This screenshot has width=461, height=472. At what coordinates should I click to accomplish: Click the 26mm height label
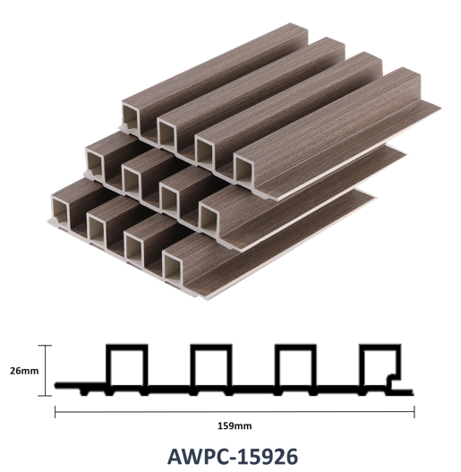coord(24,371)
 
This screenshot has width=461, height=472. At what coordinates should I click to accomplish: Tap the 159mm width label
coord(235,426)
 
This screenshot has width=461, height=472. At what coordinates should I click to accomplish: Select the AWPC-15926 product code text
coord(233,457)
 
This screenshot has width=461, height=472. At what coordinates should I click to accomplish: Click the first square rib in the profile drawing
coord(127,347)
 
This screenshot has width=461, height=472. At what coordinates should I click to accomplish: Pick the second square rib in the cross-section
coord(211,347)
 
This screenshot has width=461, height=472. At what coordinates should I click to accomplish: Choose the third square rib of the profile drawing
coord(295,347)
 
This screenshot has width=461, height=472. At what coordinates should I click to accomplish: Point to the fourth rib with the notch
coord(380,347)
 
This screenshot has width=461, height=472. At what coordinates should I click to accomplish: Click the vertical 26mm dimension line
coord(46,371)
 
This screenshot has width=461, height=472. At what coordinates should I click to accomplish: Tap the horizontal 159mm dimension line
coord(235,412)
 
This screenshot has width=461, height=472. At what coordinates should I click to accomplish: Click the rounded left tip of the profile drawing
coord(56,385)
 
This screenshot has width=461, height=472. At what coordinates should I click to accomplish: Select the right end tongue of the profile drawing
coord(403,392)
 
